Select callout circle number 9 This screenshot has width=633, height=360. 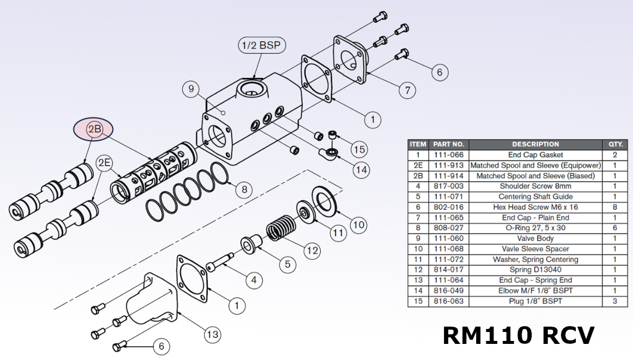191,90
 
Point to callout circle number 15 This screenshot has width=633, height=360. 358,148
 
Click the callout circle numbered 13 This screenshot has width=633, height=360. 212,334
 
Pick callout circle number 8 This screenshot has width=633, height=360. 243,190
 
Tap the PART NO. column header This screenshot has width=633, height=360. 448,144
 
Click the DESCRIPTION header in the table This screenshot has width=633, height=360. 535,144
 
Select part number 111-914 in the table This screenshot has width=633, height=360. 448,176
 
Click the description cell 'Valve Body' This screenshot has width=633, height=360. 535,238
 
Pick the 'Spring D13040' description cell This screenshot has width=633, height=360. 535,270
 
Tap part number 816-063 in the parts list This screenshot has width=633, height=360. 448,301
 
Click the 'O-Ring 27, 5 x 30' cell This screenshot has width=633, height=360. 535,228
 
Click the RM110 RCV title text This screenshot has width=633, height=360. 518,336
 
